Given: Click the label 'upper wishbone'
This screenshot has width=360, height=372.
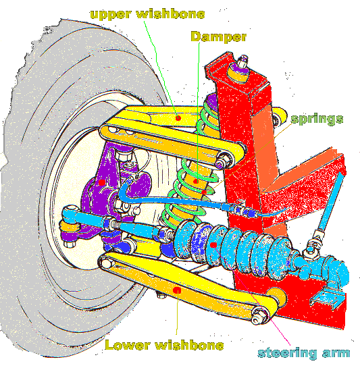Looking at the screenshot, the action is pos(147,14).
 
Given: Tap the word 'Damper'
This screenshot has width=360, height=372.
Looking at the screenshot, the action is pos(219,36).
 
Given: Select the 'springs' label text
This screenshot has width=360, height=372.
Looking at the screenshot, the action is pos(317,119).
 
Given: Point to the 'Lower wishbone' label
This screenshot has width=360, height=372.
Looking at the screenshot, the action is pos(164,345).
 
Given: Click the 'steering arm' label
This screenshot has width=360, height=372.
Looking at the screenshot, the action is pos(304,353).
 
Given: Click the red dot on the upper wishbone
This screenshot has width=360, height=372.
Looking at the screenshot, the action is pos(178,118).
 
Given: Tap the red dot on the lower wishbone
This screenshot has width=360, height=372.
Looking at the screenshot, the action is pos(177,290).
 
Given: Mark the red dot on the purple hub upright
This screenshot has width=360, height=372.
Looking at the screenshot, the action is pos(102,182).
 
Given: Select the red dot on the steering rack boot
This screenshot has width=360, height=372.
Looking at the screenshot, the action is pos(213,245).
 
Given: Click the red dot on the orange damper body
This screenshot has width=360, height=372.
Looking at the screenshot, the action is pos(196,182).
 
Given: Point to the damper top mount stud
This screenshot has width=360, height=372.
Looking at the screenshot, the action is pos(242,61).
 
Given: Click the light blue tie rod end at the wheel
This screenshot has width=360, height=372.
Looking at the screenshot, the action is pos(71,213).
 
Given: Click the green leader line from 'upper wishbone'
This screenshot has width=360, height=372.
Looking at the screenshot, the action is pos(160,68).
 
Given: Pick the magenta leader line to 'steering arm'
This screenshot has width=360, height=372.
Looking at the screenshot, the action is pos(251,295).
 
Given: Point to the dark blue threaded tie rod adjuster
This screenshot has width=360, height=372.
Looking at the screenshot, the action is pos(111,223).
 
